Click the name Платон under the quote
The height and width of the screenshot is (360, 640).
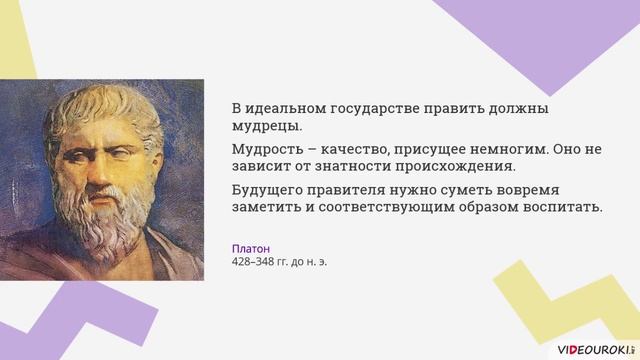click(x=251, y=248)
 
